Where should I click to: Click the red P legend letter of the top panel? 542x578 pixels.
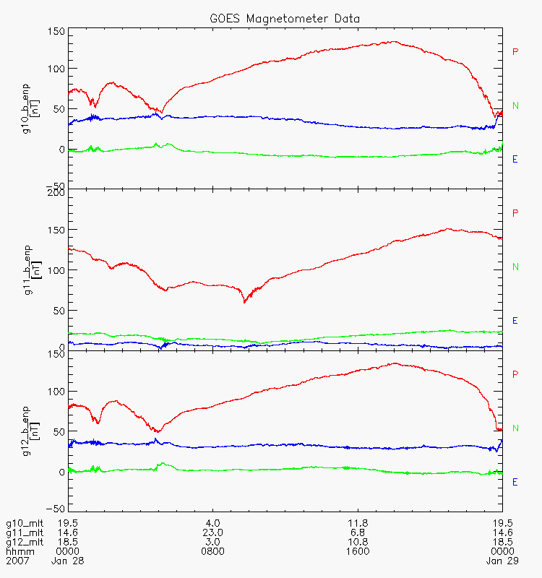(x=515, y=51)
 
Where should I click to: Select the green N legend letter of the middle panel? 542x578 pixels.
(x=516, y=267)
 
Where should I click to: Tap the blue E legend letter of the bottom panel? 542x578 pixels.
(x=515, y=482)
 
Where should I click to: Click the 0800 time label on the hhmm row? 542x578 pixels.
(x=212, y=551)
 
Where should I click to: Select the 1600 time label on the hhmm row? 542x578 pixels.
(x=358, y=551)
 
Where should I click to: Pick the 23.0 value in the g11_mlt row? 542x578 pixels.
(x=212, y=532)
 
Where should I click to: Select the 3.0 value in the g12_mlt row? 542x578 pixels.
(x=212, y=542)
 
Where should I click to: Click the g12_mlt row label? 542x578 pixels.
(x=25, y=542)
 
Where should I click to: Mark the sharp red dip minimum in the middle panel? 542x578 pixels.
(x=244, y=302)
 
